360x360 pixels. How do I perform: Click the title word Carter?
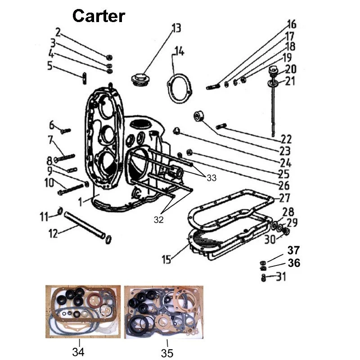(x=99, y=16)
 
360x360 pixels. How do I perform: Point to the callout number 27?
(x=284, y=198)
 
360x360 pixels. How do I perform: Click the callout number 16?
(x=292, y=24)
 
